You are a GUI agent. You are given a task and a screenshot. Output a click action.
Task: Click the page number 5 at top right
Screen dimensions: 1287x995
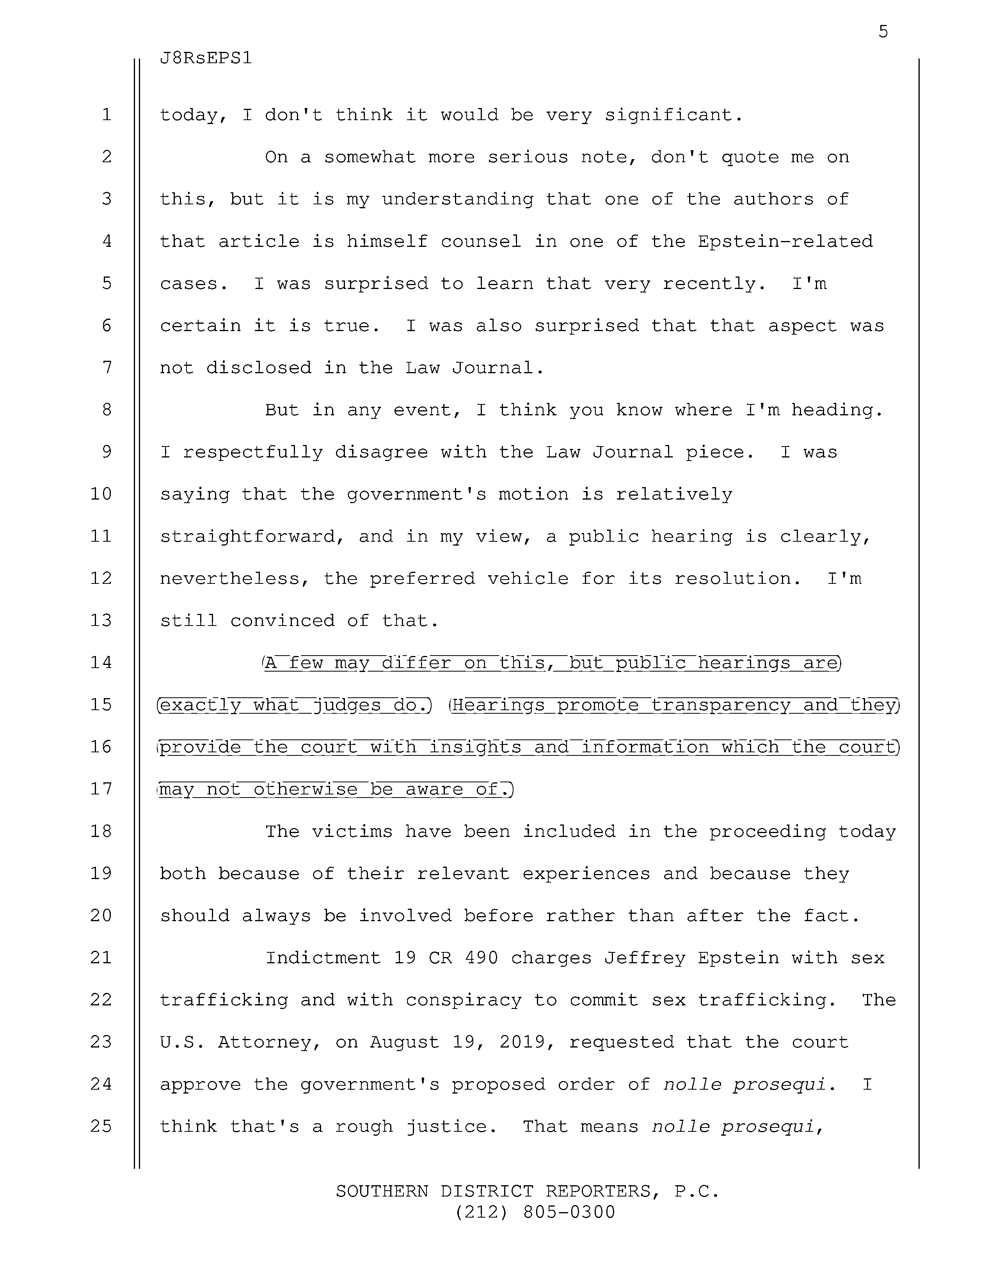click(x=882, y=31)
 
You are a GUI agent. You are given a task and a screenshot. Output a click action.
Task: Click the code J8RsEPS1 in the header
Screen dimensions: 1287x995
click(x=206, y=58)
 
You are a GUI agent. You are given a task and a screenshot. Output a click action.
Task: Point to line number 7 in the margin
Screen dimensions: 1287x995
click(x=107, y=368)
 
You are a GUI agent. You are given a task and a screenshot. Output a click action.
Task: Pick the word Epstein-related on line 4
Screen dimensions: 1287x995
click(x=785, y=242)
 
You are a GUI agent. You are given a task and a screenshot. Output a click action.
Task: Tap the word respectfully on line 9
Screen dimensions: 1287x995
click(x=253, y=452)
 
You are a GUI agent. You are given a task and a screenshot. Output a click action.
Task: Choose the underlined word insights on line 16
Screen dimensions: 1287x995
click(x=474, y=747)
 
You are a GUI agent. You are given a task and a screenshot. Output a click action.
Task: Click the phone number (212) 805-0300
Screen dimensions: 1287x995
click(x=535, y=1212)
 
